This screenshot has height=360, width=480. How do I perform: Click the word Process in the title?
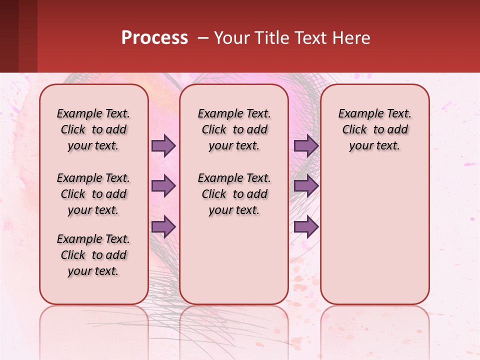(x=154, y=38)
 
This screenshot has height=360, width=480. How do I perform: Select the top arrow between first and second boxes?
(x=163, y=145)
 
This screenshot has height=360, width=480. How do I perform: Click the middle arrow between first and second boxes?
(x=163, y=186)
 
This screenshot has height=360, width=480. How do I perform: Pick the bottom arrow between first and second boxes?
(x=163, y=226)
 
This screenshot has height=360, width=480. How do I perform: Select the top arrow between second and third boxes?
(x=306, y=145)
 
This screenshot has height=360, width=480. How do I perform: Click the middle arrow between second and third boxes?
(x=306, y=186)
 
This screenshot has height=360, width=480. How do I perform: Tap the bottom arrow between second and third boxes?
(x=306, y=226)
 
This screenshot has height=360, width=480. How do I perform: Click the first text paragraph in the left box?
(x=93, y=129)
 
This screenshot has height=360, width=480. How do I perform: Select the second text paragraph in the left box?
(x=93, y=194)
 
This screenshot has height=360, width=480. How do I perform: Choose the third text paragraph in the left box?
(x=93, y=255)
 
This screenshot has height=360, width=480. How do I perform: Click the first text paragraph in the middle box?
(x=234, y=129)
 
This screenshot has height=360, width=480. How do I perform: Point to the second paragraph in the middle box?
(x=234, y=194)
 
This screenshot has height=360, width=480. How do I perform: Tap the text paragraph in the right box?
(x=375, y=129)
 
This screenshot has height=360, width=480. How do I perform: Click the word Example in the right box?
(x=357, y=114)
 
